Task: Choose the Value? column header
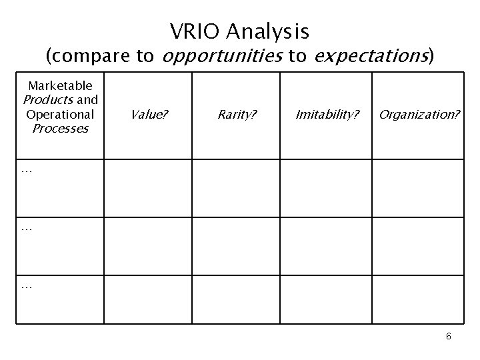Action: tap(149, 114)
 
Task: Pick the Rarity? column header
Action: tap(236, 114)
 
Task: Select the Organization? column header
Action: tap(419, 114)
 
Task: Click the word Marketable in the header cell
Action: tap(60, 85)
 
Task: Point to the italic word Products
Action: tap(49, 99)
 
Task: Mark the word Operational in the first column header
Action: tap(60, 113)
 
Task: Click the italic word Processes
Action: tap(60, 128)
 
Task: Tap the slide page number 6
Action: tap(449, 336)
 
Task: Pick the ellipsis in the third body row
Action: tap(27, 286)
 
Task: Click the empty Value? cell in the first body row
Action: tap(148, 188)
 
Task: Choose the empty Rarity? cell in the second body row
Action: tap(236, 246)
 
